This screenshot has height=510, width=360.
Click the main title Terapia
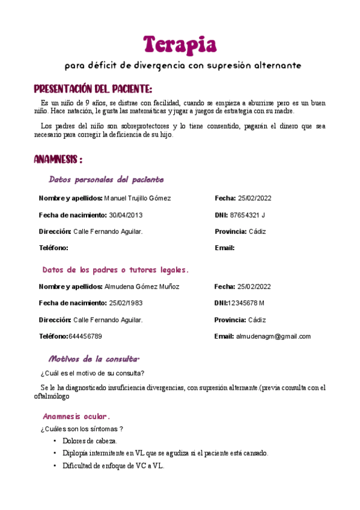pyautogui.click(x=180, y=44)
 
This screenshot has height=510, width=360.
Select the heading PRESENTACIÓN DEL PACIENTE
pyautogui.click(x=93, y=89)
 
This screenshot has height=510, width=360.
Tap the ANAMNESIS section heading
pyautogui.click(x=58, y=160)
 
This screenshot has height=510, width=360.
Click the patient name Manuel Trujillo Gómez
pyautogui.click(x=138, y=198)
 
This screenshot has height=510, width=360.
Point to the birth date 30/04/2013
pyautogui.click(x=126, y=215)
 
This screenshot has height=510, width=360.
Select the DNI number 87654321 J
pyautogui.click(x=247, y=215)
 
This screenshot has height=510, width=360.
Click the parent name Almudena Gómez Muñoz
pyautogui.click(x=142, y=287)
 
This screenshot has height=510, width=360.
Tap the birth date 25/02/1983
pyautogui.click(x=126, y=303)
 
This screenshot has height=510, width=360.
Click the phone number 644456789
pyautogui.click(x=85, y=336)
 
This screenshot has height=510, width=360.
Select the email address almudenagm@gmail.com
pyautogui.click(x=273, y=336)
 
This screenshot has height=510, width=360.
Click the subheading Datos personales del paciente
pyautogui.click(x=106, y=180)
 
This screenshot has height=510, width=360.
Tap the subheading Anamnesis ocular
pyautogui.click(x=76, y=416)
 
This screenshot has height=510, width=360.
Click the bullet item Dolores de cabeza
pyautogui.click(x=90, y=441)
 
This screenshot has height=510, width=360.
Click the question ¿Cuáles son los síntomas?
pyautogui.click(x=82, y=429)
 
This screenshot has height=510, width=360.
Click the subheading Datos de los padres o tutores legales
pyautogui.click(x=116, y=269)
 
